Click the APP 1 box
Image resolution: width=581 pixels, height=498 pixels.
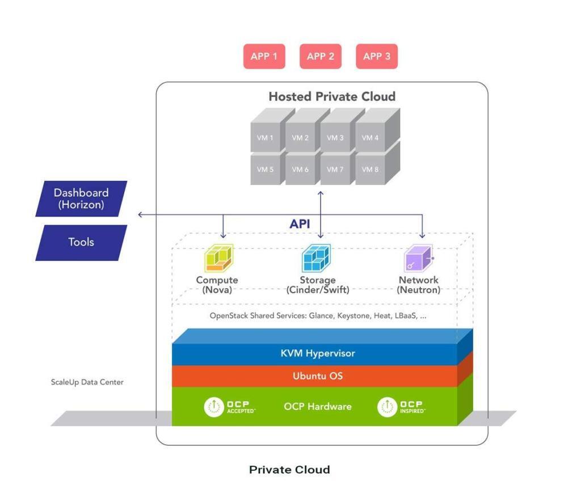pyautogui.click(x=264, y=56)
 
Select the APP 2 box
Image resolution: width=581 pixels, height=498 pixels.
pyautogui.click(x=321, y=56)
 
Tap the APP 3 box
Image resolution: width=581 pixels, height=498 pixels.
pyautogui.click(x=377, y=56)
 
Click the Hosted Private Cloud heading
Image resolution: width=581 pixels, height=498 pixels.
pyautogui.click(x=332, y=96)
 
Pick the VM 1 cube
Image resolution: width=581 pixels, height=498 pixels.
pyautogui.click(x=265, y=138)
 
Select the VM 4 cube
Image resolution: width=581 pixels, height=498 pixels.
pyautogui.click(x=370, y=138)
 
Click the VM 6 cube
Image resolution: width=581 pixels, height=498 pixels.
pyautogui.click(x=300, y=170)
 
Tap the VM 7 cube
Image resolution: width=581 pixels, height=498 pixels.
pyautogui.click(x=335, y=170)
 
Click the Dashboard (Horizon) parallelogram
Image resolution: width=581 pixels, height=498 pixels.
pyautogui.click(x=81, y=199)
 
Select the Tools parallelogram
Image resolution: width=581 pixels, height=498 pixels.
pyautogui.click(x=81, y=242)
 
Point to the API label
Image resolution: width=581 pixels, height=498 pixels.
pyautogui.click(x=300, y=224)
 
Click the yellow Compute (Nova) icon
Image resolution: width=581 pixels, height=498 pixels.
pyautogui.click(x=218, y=258)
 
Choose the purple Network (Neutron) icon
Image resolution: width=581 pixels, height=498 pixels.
pyautogui.click(x=419, y=259)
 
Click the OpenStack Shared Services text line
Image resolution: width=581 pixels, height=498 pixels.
pyautogui.click(x=318, y=316)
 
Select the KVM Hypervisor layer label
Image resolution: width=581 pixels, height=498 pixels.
pyautogui.click(x=318, y=353)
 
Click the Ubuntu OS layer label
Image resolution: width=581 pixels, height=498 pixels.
pyautogui.click(x=318, y=376)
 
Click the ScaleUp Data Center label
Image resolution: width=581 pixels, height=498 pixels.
pyautogui.click(x=87, y=382)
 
